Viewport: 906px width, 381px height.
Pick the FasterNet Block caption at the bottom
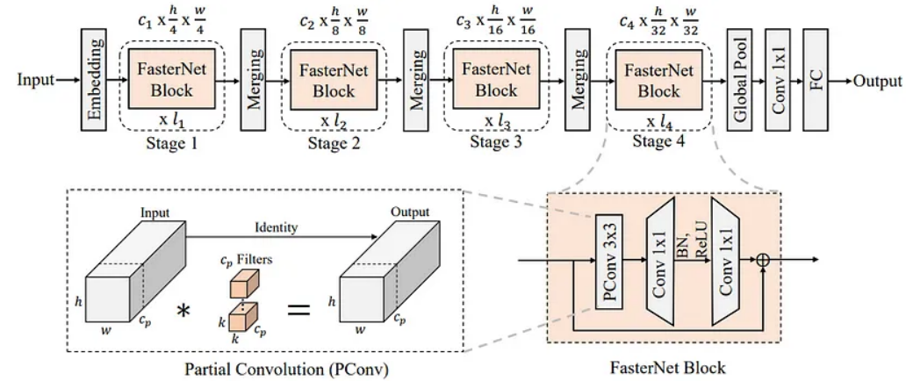coord(667,368)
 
